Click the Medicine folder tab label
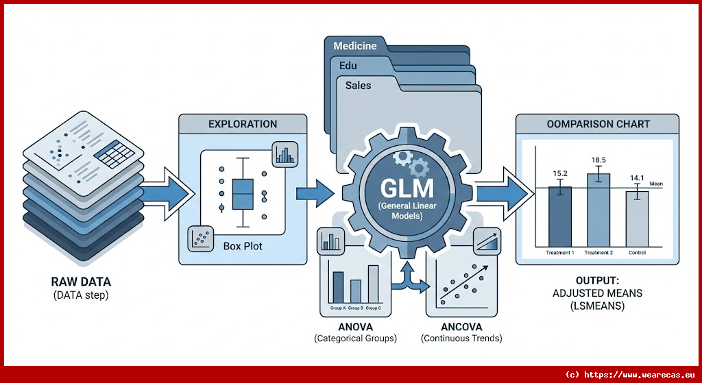[354, 47]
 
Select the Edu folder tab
[348, 66]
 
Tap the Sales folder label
[359, 86]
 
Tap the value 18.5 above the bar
[598, 160]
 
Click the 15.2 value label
[560, 174]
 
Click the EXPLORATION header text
[243, 124]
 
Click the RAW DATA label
[81, 282]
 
